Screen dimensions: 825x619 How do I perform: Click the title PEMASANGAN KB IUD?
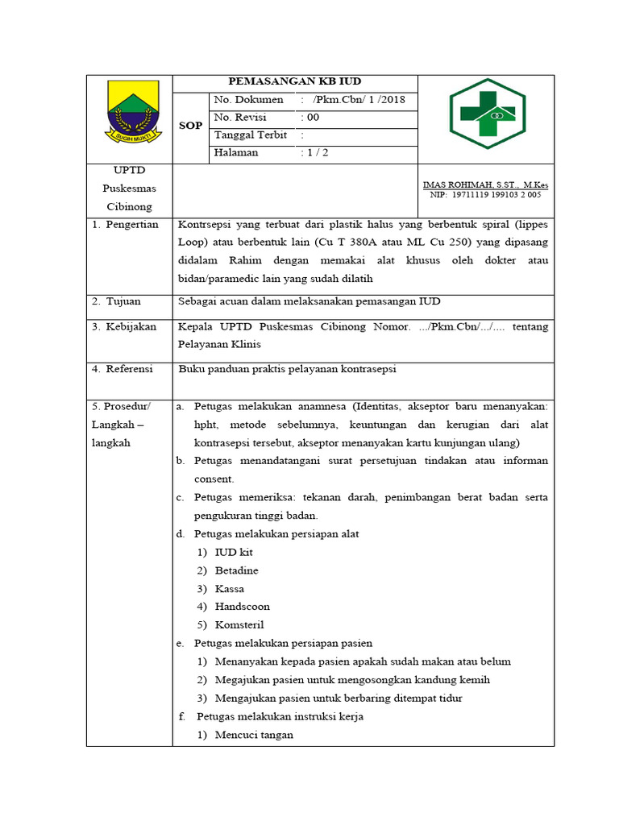click(x=295, y=81)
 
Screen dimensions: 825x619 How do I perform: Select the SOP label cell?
click(x=190, y=126)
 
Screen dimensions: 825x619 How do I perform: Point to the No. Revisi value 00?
click(x=311, y=118)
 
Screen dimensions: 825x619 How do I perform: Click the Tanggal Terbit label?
click(x=251, y=135)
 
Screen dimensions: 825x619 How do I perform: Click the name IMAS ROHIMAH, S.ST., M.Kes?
click(x=485, y=185)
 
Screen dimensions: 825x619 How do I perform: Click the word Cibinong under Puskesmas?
click(x=129, y=206)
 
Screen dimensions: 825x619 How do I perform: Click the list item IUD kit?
click(x=234, y=552)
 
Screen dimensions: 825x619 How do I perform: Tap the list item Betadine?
click(x=236, y=570)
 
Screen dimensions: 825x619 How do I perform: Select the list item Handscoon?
click(x=242, y=607)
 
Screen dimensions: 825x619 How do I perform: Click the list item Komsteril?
click(x=239, y=625)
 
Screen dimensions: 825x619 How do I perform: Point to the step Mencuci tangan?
click(x=254, y=735)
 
